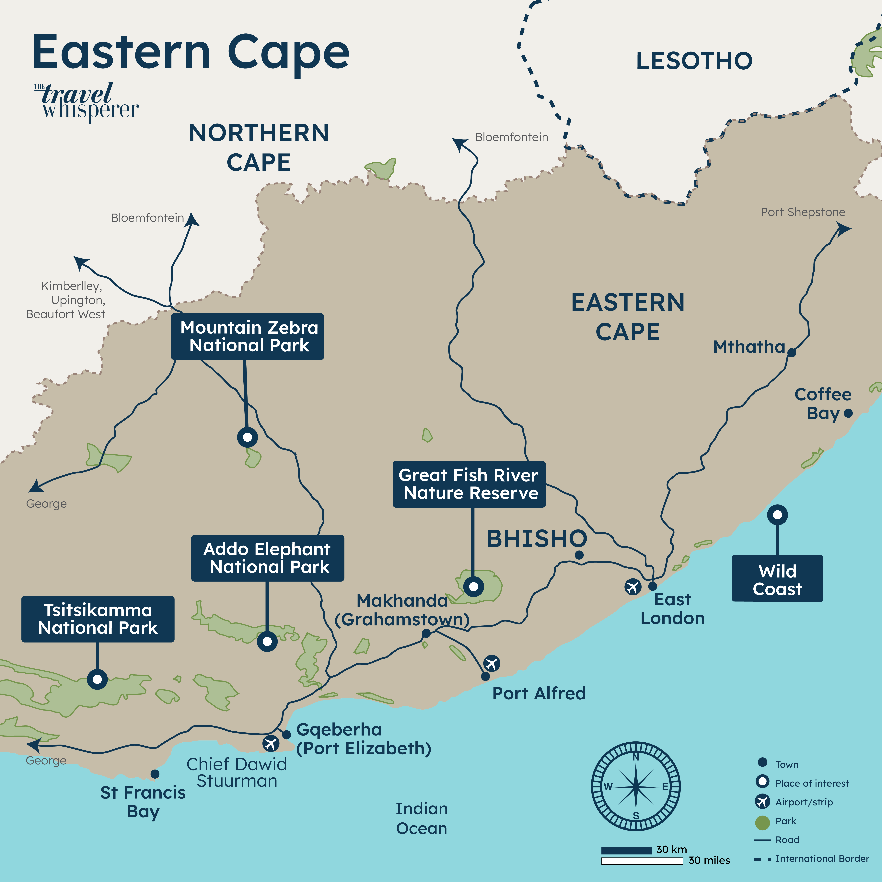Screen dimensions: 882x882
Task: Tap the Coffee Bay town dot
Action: click(848, 413)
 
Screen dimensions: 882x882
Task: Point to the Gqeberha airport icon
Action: click(271, 743)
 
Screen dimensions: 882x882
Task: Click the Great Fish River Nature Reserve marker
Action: click(473, 586)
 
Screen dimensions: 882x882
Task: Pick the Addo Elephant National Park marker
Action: click(267, 641)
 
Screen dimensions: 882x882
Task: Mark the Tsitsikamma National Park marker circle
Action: click(97, 679)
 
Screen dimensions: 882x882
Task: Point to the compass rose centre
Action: click(635, 786)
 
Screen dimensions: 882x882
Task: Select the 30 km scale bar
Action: click(626, 851)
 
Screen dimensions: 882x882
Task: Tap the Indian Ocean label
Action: click(421, 818)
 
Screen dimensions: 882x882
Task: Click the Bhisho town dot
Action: click(579, 555)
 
